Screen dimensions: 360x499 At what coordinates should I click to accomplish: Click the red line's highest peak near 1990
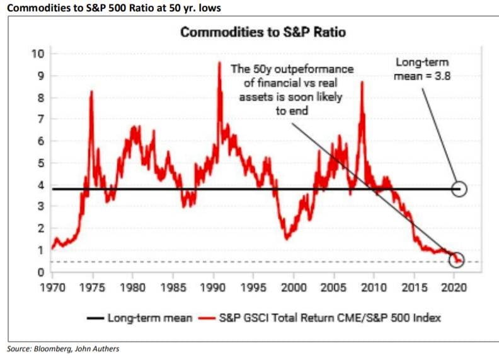coord(219,62)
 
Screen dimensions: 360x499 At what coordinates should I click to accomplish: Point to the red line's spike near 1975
coord(92,91)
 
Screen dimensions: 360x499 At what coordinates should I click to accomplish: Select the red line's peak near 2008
coord(362,83)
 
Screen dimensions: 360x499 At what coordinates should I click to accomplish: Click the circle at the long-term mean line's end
coord(459,189)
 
